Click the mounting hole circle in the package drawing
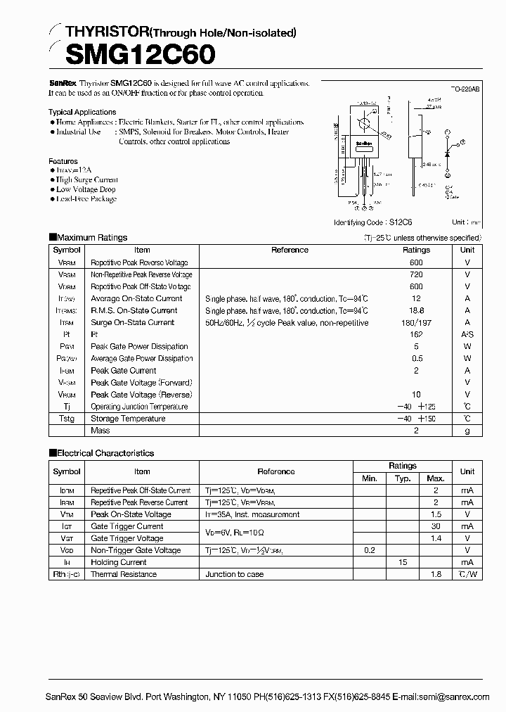(364, 124)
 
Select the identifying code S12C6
(403, 222)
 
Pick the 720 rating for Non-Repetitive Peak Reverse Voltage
(416, 274)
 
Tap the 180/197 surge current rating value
(416, 322)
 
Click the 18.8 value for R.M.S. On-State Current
(416, 310)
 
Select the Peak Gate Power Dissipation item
(139, 346)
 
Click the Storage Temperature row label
(128, 419)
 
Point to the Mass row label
(100, 431)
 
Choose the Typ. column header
(402, 478)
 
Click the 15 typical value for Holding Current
(402, 562)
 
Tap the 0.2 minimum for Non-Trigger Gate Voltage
(369, 550)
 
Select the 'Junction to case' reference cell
(235, 574)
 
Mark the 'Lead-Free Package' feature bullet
(86, 199)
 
